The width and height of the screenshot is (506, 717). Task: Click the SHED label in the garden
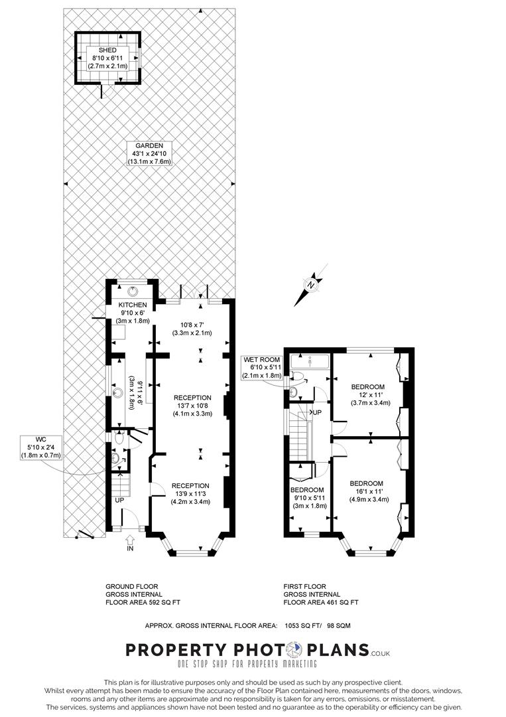107,50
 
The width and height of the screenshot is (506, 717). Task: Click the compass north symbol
311,284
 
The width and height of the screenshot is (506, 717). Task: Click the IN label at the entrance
130,549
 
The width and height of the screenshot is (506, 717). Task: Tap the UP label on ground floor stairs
119,500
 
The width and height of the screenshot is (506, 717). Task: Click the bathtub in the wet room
310,362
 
